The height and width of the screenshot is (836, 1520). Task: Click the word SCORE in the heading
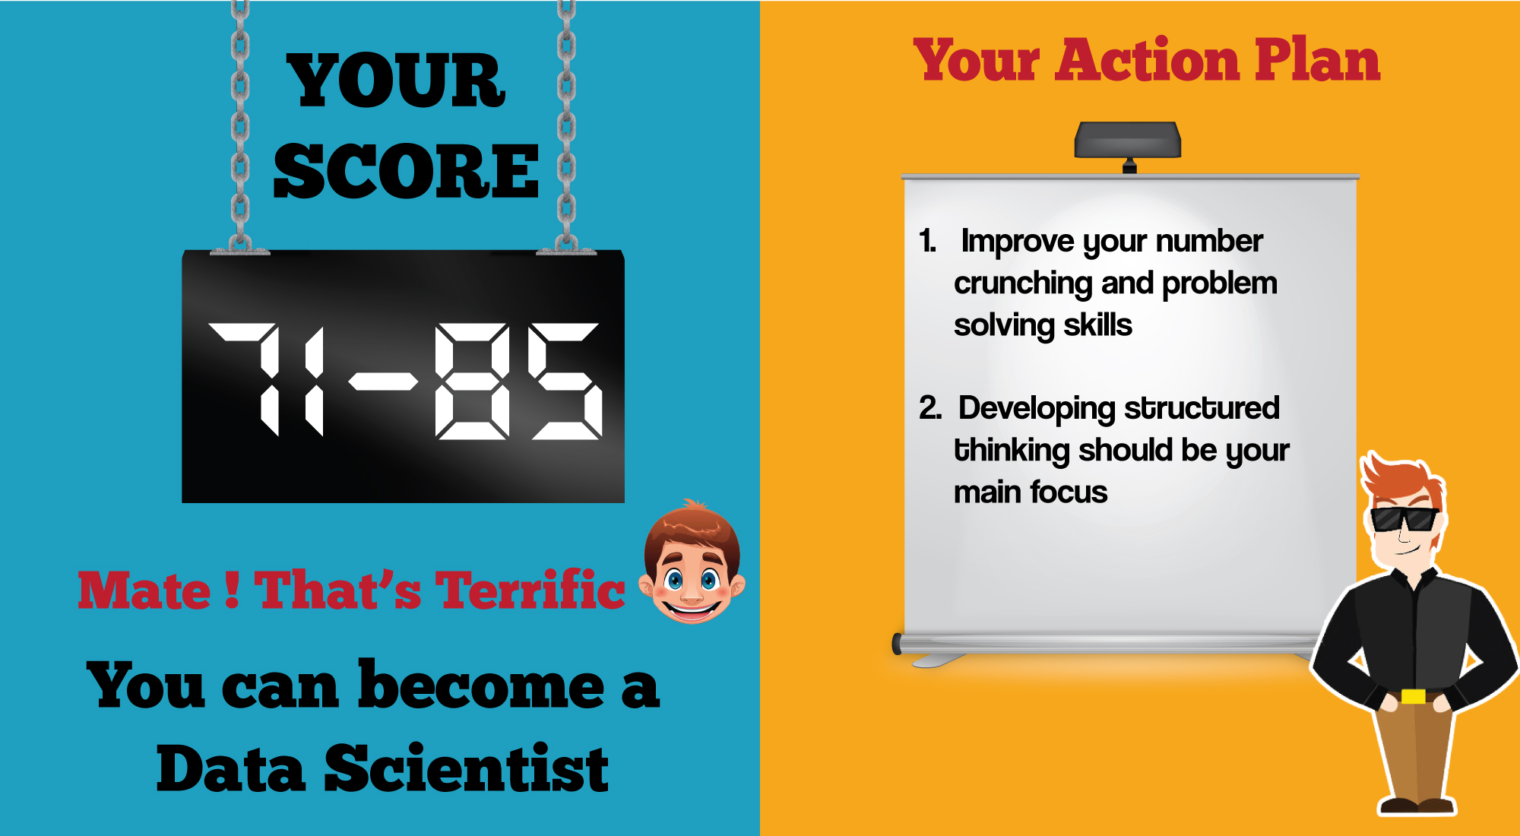pyautogui.click(x=406, y=171)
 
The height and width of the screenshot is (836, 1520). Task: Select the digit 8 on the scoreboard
pyautogui.click(x=472, y=381)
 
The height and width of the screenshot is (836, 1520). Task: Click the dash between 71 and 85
pyautogui.click(x=384, y=381)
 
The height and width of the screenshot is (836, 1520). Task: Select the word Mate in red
pyautogui.click(x=144, y=590)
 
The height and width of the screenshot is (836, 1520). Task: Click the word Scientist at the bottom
pyautogui.click(x=467, y=768)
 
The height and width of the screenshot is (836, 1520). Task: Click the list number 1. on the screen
pyautogui.click(x=928, y=241)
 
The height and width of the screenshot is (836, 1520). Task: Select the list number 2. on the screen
pyautogui.click(x=930, y=408)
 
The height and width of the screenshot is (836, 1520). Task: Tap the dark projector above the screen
pyautogui.click(x=1128, y=141)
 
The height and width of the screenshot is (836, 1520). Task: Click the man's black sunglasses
pyautogui.click(x=1404, y=519)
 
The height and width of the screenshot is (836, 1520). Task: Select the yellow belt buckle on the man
pyautogui.click(x=1413, y=696)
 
